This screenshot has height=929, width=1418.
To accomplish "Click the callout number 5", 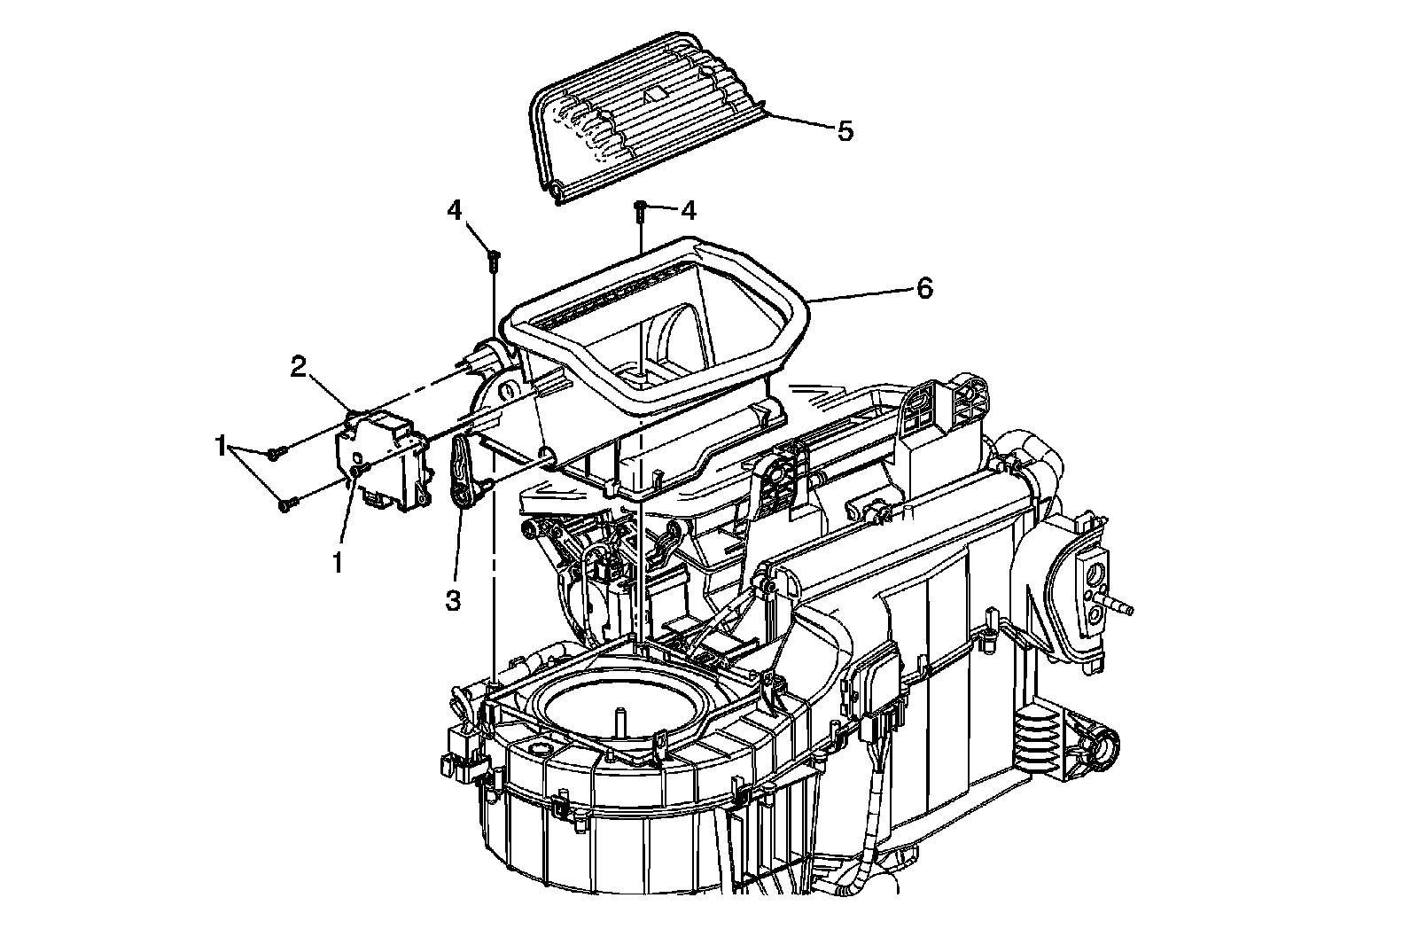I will point(845,131).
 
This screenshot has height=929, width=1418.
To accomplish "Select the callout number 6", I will point(923,288).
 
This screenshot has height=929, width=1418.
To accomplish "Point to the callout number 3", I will point(453,600).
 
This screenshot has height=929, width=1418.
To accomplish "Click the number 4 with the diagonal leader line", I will point(455,210).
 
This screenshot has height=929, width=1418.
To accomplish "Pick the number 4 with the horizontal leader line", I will point(689,210).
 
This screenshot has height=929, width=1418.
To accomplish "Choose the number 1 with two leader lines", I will point(220,448).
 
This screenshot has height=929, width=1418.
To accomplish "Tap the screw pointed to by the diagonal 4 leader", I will point(494,260).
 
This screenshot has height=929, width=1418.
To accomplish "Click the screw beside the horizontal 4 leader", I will point(639,210).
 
